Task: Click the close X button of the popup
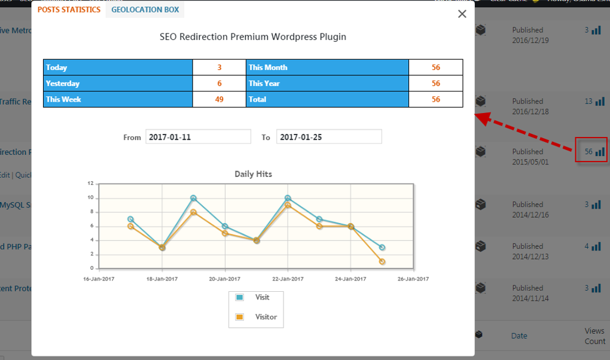(x=462, y=14)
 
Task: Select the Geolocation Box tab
(x=145, y=10)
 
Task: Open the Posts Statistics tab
(x=69, y=10)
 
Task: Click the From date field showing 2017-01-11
(x=198, y=137)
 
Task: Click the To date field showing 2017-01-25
(x=329, y=137)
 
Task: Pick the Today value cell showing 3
(x=219, y=68)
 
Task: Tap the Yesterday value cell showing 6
(x=219, y=84)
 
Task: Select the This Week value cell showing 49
(x=219, y=99)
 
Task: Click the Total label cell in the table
(x=327, y=99)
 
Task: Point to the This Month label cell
(x=327, y=68)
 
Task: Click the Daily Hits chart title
(x=253, y=174)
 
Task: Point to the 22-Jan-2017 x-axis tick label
(x=288, y=279)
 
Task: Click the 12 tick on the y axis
(x=90, y=183)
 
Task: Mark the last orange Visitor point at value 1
(x=382, y=261)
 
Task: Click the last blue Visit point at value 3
(x=382, y=247)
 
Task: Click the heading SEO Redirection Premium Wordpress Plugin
(x=253, y=36)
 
